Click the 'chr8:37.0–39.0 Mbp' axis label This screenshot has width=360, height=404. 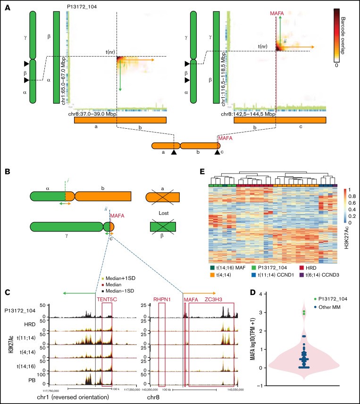(x=93, y=114)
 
